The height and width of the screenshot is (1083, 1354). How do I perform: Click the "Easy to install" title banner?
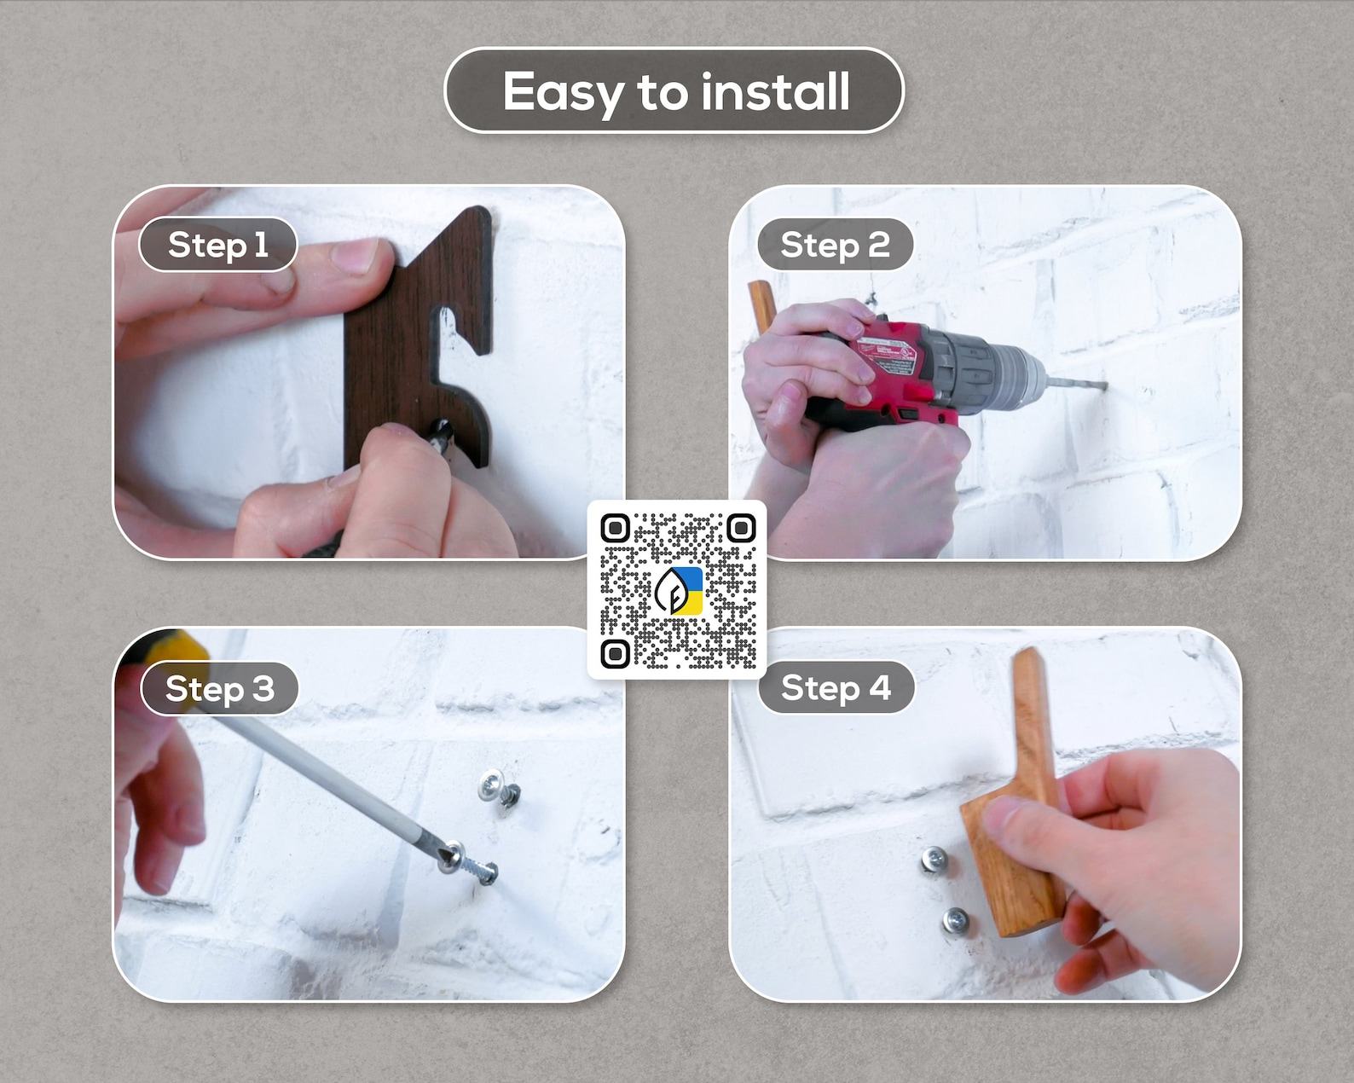tap(674, 90)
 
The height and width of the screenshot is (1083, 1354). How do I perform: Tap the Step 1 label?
tap(217, 245)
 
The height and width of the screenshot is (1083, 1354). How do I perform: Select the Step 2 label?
tap(835, 245)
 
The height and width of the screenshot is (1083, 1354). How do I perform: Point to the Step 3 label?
tap(220, 688)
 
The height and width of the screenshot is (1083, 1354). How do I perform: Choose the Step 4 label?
tap(836, 688)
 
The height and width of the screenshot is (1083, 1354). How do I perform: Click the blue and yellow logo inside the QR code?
tap(678, 591)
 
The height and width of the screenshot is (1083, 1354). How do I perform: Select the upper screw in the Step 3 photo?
tap(498, 791)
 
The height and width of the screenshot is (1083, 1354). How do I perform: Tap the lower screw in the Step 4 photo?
tap(955, 922)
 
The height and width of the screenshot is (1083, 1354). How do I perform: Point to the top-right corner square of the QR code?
tap(741, 528)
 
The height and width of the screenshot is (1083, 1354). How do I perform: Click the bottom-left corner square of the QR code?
tap(615, 654)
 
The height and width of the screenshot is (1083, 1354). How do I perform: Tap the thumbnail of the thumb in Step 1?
tap(355, 255)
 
